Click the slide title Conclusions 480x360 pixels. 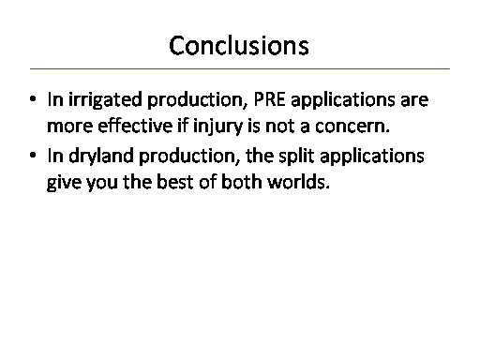pyautogui.click(x=239, y=46)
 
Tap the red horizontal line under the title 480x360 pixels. pyautogui.click(x=240, y=68)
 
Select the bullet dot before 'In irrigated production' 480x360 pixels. pyautogui.click(x=33, y=99)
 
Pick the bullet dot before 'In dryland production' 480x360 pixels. pyautogui.click(x=33, y=156)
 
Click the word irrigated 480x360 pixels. pyautogui.click(x=105, y=100)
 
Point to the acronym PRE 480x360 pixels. pyautogui.click(x=269, y=99)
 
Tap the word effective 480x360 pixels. pyautogui.click(x=135, y=126)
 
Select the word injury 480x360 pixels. pyautogui.click(x=217, y=127)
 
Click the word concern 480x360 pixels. pyautogui.click(x=352, y=127)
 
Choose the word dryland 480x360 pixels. pyautogui.click(x=100, y=157)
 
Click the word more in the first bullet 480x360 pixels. pyautogui.click(x=69, y=127)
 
